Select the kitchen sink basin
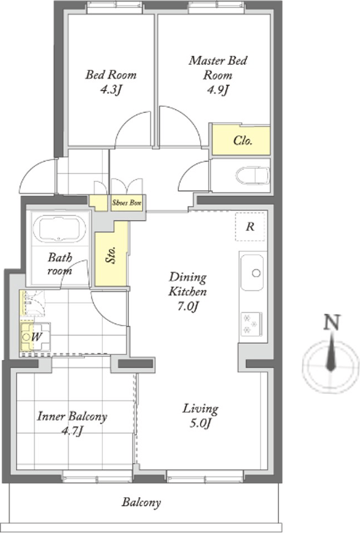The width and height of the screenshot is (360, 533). [252, 272]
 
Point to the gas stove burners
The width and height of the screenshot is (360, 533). [251, 324]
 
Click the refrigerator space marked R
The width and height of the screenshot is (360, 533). [250, 227]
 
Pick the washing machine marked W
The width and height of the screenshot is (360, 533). [36, 337]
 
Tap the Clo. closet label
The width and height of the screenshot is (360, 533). [243, 140]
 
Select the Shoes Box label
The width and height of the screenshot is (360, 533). [127, 203]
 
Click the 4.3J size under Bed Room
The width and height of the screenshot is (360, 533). [110, 89]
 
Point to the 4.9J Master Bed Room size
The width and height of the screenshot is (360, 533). [217, 89]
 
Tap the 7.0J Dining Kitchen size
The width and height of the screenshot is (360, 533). [187, 306]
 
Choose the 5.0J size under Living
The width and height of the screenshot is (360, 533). [200, 423]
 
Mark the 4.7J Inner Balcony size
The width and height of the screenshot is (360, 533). [72, 431]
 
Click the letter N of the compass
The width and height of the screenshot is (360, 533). [331, 322]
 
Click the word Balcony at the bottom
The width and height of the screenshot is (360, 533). [141, 503]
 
